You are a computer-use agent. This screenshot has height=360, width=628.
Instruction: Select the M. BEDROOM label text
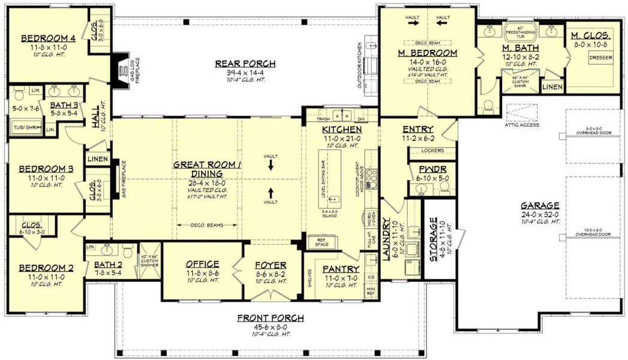428,53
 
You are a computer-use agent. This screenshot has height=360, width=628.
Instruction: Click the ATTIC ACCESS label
522,125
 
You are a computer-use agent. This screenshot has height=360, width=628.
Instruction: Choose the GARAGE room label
540,205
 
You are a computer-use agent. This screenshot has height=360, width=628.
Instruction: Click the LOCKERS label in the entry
433,150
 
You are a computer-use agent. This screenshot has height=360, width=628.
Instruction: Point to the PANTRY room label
341,269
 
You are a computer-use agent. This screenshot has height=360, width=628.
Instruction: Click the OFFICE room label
202,264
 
